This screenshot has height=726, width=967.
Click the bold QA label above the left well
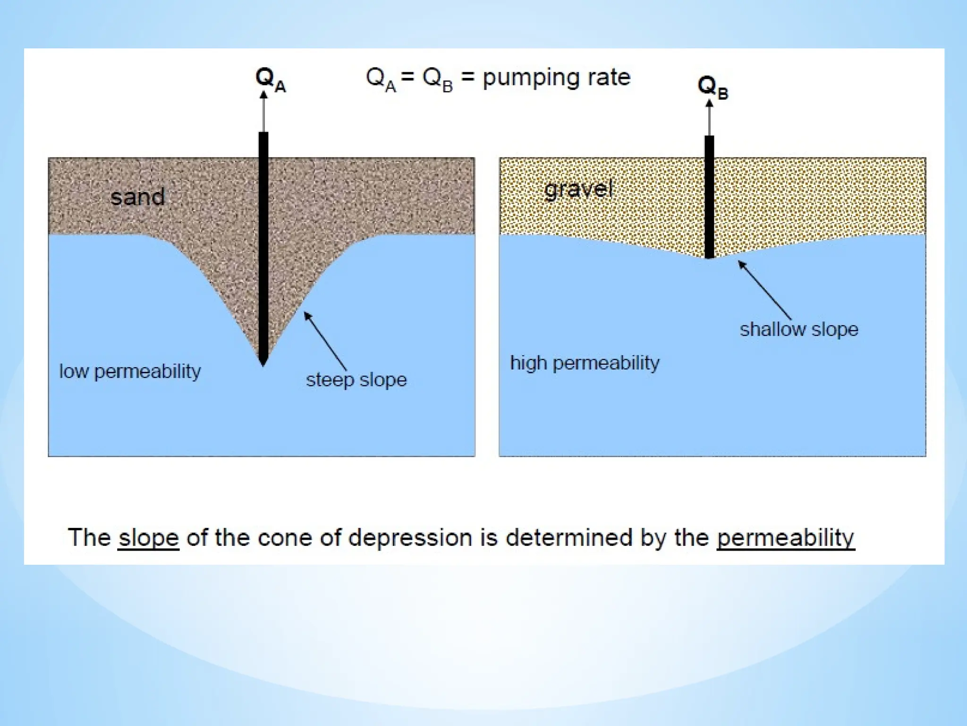pyautogui.click(x=270, y=79)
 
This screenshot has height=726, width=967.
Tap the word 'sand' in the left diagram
pyautogui.click(x=137, y=197)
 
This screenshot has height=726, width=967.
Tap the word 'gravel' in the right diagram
pyautogui.click(x=578, y=190)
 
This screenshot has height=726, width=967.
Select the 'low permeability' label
pyautogui.click(x=130, y=372)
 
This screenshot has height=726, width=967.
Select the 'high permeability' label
pyautogui.click(x=585, y=363)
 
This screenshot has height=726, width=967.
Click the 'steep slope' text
pyautogui.click(x=356, y=380)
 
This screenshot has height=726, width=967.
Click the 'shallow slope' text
pyautogui.click(x=799, y=329)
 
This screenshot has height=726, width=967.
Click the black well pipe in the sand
pyautogui.click(x=263, y=246)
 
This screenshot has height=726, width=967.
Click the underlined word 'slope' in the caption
pyautogui.click(x=149, y=538)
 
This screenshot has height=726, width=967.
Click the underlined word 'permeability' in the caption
pyautogui.click(x=786, y=538)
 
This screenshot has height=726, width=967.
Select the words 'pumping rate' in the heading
pyautogui.click(x=556, y=77)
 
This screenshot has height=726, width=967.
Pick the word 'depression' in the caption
pyautogui.click(x=410, y=538)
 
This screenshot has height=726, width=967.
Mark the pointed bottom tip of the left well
pyautogui.click(x=263, y=364)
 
